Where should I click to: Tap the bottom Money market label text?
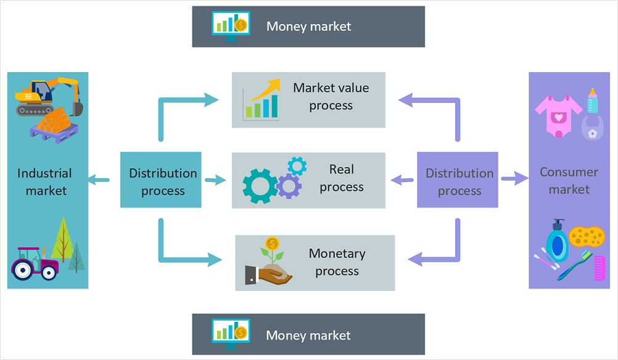[308, 335]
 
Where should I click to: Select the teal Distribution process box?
[161, 179]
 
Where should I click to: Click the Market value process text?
[331, 97]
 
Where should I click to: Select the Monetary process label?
[337, 262]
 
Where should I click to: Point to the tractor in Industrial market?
[35, 263]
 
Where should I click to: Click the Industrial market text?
[45, 182]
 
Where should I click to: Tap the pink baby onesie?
[558, 115]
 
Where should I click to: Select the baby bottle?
[592, 100]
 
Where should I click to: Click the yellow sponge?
[587, 235]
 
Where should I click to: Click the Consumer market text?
[569, 181]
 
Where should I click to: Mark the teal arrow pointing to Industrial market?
[99, 180]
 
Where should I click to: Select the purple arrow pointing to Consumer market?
[514, 179]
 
